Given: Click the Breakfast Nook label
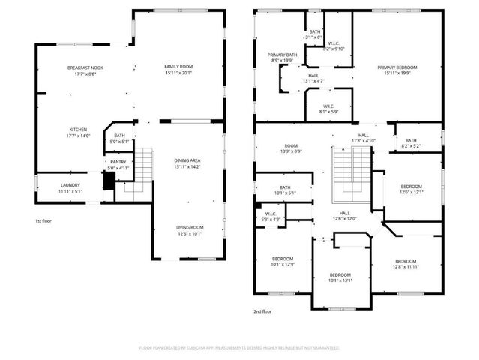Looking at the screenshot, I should [x=85, y=67].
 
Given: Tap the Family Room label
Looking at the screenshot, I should [x=178, y=67].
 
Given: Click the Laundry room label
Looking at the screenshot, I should [x=70, y=184].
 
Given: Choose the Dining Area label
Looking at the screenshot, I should [x=187, y=160].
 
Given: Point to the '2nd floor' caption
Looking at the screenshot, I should [x=263, y=310].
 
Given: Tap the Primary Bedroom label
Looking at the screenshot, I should [x=397, y=67].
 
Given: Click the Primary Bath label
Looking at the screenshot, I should [x=283, y=55].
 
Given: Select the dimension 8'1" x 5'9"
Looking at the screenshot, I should [x=329, y=112].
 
